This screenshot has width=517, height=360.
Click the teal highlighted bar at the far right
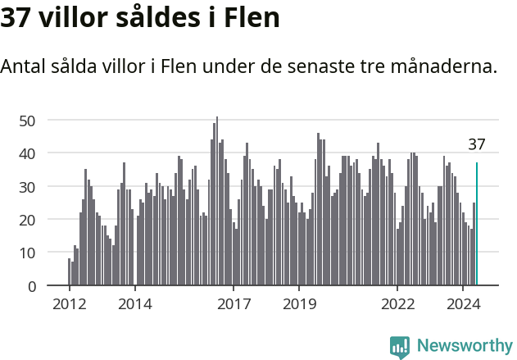[x=477, y=224]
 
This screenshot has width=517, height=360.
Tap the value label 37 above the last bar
[x=477, y=145]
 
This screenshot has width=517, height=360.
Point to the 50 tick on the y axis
[x=27, y=121]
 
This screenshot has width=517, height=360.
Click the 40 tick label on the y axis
[x=27, y=153]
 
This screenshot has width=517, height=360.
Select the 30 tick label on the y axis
[x=27, y=187]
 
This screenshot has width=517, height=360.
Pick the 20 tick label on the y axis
[x=27, y=220]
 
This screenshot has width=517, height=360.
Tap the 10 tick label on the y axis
[x=27, y=253]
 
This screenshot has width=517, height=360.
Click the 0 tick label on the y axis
[x=31, y=286]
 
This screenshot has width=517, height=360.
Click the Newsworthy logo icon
[x=400, y=347]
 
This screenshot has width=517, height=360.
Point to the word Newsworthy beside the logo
[x=465, y=346]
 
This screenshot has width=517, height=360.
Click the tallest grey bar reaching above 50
[x=217, y=201]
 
